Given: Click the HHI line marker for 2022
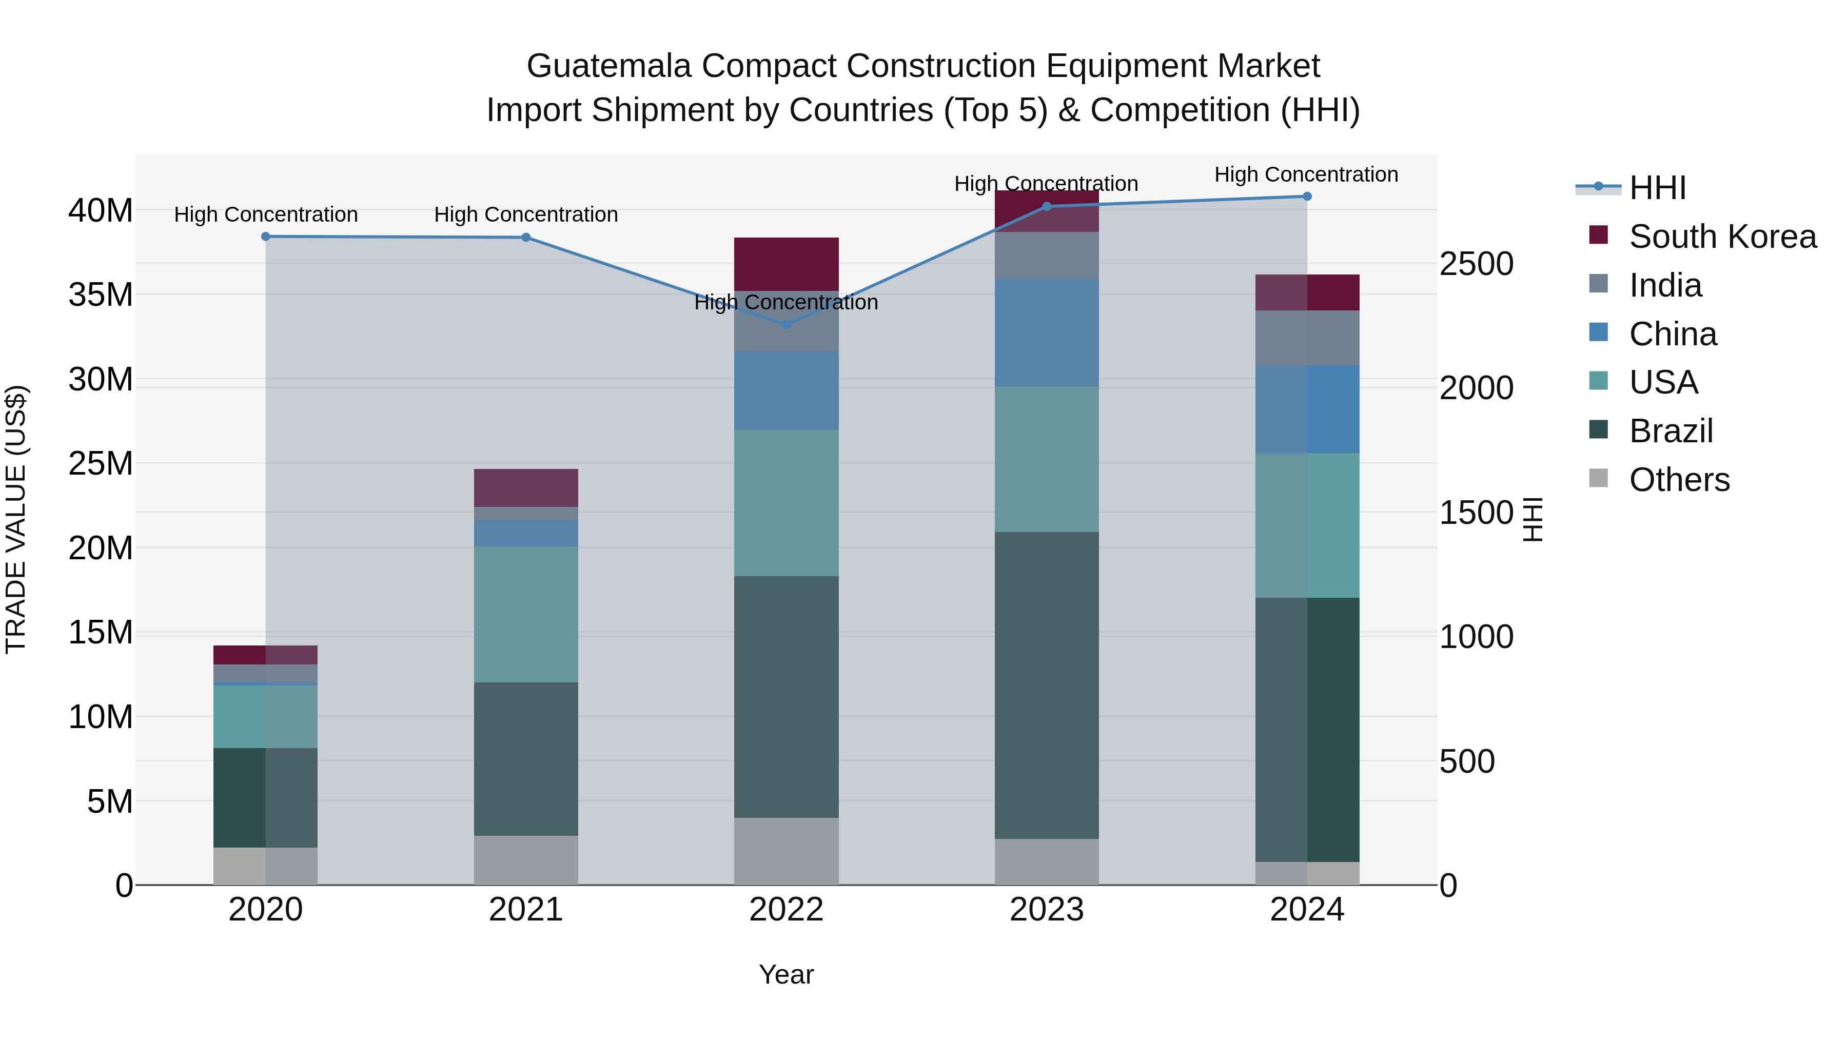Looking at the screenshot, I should (x=786, y=325).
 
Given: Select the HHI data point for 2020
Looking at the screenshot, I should (x=265, y=237).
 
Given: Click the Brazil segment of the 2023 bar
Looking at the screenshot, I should (x=1046, y=685).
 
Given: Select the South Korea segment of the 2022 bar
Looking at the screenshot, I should (x=786, y=263).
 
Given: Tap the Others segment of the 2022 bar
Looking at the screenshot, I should (x=786, y=851).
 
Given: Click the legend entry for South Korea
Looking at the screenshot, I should (x=1721, y=237).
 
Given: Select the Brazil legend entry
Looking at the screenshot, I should (x=1671, y=431).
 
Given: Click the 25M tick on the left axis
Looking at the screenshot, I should (x=101, y=464).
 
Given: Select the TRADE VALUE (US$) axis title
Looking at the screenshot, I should (x=16, y=519).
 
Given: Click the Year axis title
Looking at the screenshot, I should (x=786, y=974).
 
